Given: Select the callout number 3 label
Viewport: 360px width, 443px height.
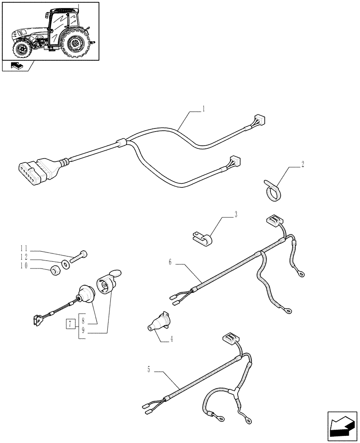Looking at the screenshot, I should [x=236, y=214].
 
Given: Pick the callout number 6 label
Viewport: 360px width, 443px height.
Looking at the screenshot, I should [x=170, y=262].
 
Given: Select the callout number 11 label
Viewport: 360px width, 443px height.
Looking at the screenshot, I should [x=24, y=249].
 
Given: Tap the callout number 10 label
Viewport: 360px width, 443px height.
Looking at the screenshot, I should [x=24, y=265].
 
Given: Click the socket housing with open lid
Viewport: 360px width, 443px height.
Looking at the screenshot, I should [x=106, y=284].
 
